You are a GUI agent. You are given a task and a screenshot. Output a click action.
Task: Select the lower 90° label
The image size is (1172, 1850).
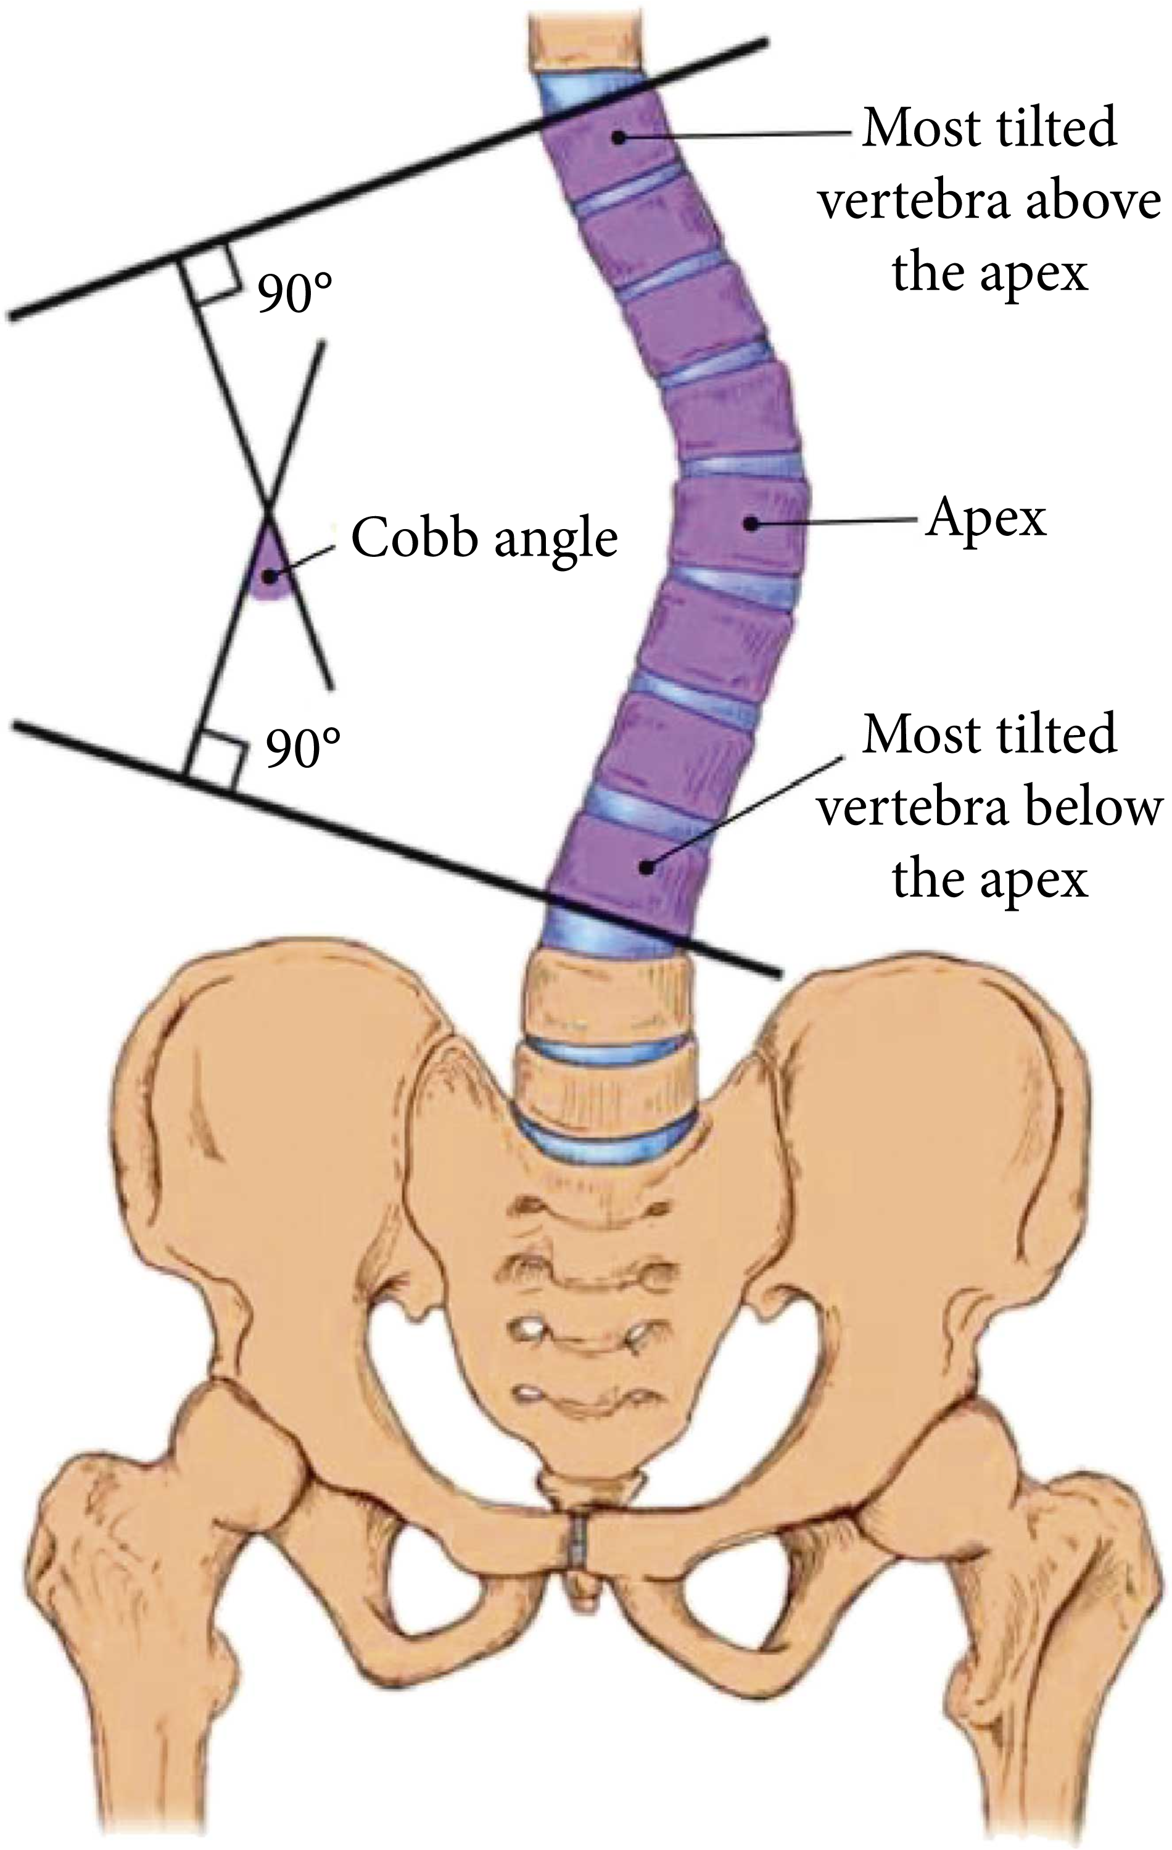click(x=303, y=748)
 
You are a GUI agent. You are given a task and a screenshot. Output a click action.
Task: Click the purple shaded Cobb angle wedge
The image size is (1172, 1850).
click(x=268, y=569)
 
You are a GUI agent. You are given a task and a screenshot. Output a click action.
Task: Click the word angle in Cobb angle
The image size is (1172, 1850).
click(x=556, y=540)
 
